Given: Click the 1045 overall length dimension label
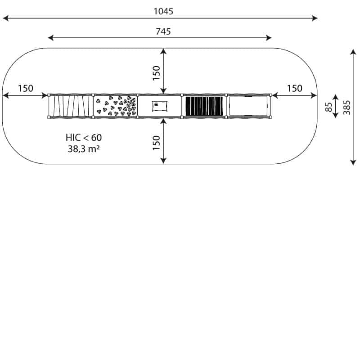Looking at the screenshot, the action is (163, 11).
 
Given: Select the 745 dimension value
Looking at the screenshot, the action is (163, 31).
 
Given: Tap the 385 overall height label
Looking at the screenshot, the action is (346, 108).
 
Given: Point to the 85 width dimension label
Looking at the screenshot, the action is (328, 107).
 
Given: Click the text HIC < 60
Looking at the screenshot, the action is (84, 138).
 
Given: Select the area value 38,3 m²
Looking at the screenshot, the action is (84, 149).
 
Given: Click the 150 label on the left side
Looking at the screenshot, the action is (26, 88).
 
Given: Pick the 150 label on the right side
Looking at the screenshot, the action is (295, 88).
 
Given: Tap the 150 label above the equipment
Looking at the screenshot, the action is (156, 73).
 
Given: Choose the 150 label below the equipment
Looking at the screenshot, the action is (156, 143).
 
